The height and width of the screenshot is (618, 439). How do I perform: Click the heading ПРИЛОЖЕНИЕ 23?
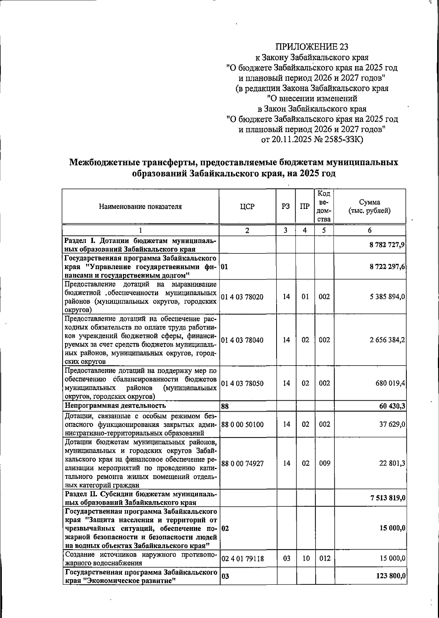pyautogui.click(x=312, y=46)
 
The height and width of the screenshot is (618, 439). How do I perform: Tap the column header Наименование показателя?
pyautogui.click(x=140, y=206)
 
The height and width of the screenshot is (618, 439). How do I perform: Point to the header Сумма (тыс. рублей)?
pyautogui.click(x=369, y=206)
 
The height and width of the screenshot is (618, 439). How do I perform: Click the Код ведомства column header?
pyautogui.click(x=324, y=206)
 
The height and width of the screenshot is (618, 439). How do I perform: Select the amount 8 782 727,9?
pyautogui.click(x=387, y=245)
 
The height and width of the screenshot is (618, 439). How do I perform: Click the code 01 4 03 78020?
pyautogui.click(x=242, y=297)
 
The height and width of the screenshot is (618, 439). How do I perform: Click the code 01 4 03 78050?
pyautogui.click(x=242, y=383)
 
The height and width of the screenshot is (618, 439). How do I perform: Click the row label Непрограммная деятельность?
pyautogui.click(x=115, y=405)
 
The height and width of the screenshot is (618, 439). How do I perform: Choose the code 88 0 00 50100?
pyautogui.click(x=242, y=424)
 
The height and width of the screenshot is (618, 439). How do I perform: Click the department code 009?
pyautogui.click(x=324, y=463)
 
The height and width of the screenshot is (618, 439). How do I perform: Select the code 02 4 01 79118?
pyautogui.click(x=242, y=558)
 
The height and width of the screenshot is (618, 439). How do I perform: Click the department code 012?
pyautogui.click(x=324, y=558)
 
